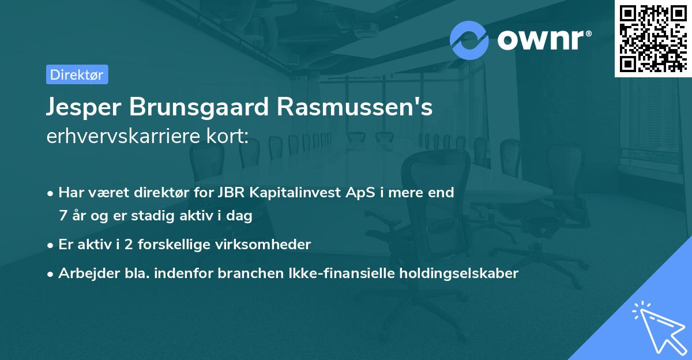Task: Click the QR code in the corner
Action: (x=653, y=39)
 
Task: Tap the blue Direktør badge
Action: (x=77, y=74)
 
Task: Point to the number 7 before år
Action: (x=62, y=216)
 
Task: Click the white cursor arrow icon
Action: (x=657, y=327)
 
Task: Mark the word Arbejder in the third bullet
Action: (x=83, y=273)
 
